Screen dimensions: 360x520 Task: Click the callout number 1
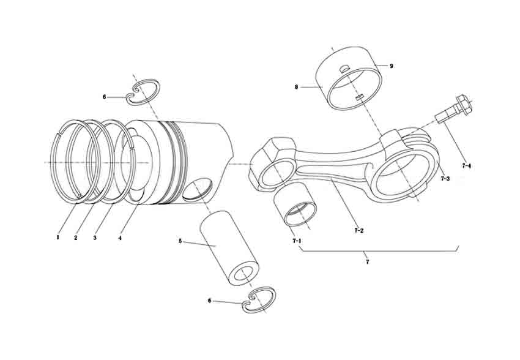point(58,237)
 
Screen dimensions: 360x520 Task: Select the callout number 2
point(76,237)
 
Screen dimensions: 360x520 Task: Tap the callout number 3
point(95,237)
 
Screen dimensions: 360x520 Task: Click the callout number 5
point(180,241)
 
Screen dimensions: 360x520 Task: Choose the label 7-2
point(359,231)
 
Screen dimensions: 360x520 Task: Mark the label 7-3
point(445,179)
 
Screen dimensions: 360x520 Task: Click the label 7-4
point(466,165)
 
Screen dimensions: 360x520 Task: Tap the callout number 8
point(296,87)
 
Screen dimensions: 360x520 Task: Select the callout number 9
point(391,66)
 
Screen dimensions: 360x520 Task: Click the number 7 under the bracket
point(367,262)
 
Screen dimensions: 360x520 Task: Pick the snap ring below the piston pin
point(259,299)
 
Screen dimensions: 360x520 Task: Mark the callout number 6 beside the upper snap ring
point(105,97)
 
